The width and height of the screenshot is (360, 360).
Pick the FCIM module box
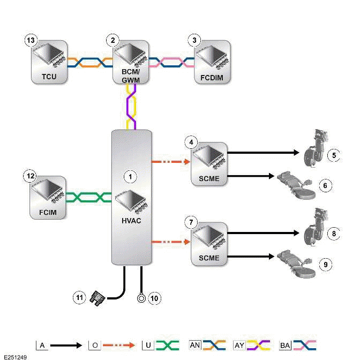point(48,197)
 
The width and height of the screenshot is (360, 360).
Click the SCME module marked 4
point(209,164)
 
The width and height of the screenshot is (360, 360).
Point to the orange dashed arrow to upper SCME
point(171,160)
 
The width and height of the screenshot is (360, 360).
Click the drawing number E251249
point(16,356)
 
